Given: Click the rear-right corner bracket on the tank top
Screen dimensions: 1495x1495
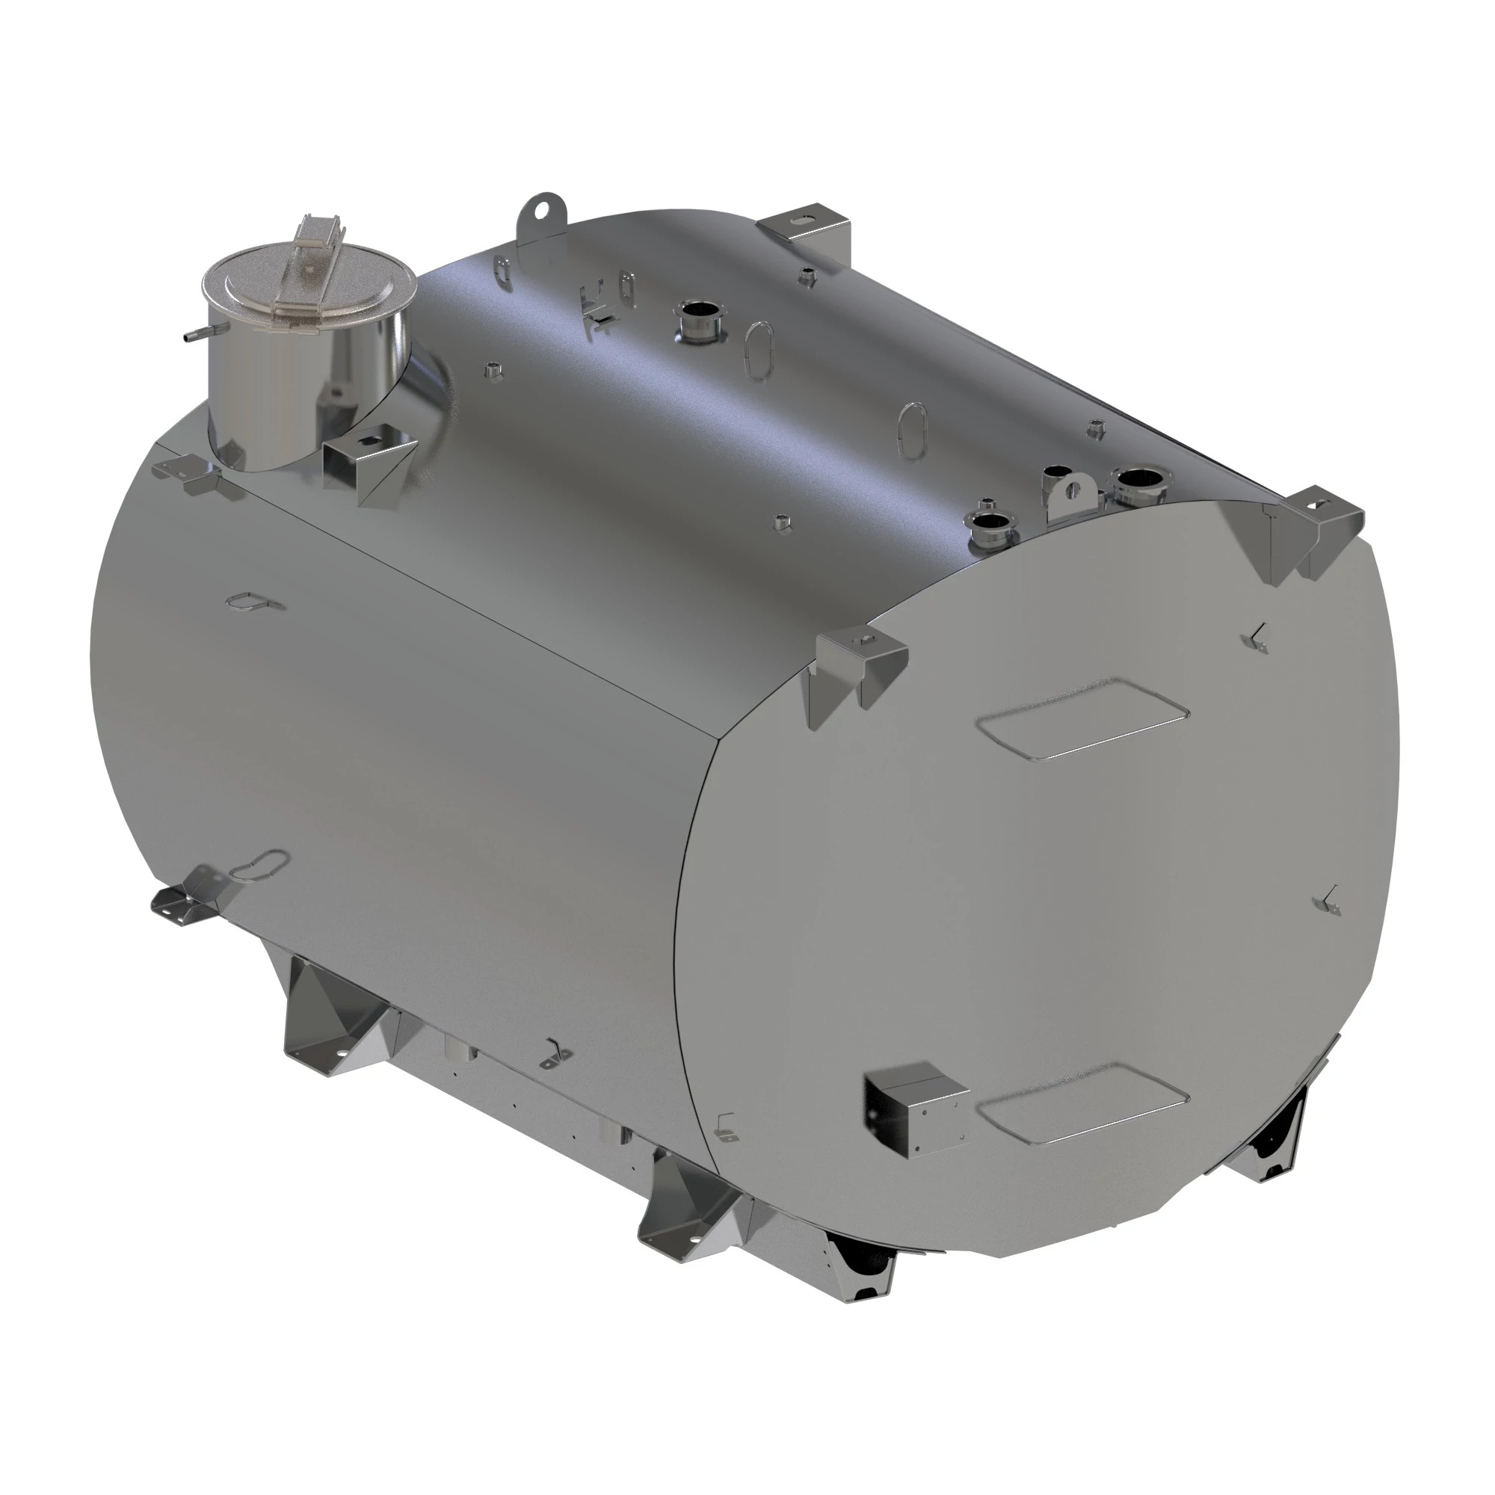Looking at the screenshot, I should coord(805,224).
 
